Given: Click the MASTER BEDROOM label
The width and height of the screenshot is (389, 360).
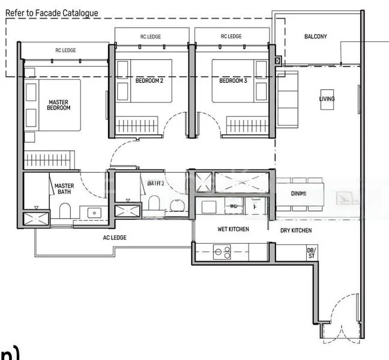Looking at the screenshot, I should click(x=59, y=105).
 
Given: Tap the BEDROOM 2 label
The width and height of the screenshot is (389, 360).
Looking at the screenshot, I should click(x=149, y=80).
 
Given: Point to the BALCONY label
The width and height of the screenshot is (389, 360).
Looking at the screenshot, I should click(x=315, y=37).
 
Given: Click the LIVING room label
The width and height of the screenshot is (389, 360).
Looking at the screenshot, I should click(x=327, y=99).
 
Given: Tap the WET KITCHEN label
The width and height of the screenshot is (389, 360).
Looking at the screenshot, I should click(x=233, y=230).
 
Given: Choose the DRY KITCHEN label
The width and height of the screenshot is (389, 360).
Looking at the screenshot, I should click(x=295, y=230).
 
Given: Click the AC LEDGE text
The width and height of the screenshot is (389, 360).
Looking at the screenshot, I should click(x=113, y=238).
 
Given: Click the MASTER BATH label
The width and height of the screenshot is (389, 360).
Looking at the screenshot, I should click(x=64, y=189).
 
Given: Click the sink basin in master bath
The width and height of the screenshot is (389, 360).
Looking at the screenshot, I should click(x=94, y=212).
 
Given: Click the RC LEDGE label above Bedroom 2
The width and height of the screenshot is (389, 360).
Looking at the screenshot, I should click(x=151, y=37).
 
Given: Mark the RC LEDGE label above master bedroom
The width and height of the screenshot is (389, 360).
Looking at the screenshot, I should click(x=65, y=50).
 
